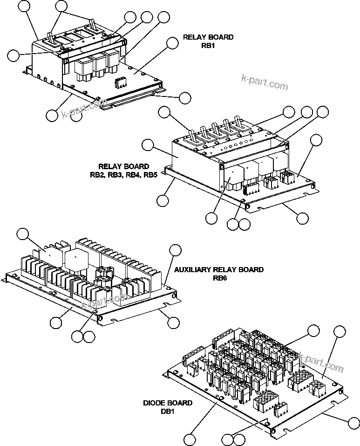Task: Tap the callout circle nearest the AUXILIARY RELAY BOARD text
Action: pos(176,250)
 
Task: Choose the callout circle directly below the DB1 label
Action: pos(190,439)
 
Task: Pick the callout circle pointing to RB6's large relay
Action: pos(23,234)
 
